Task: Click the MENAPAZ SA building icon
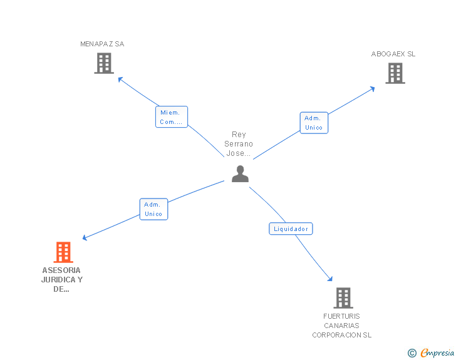[103, 63]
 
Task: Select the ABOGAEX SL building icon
[395, 73]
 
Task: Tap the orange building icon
[63, 252]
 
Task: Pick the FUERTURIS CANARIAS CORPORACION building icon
[343, 298]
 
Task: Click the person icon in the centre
[240, 174]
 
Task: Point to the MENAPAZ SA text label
[102, 44]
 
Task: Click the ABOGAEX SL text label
[393, 54]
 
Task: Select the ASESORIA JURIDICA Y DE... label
[61, 280]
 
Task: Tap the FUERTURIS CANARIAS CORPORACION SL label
[342, 326]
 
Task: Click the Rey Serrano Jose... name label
[239, 144]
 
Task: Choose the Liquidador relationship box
[291, 229]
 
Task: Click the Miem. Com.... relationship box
[171, 117]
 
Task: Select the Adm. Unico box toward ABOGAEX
[313, 123]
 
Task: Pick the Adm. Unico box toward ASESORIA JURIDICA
[153, 209]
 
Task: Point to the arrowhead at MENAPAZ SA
[120, 79]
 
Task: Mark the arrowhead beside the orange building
[85, 238]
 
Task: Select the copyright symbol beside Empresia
[412, 354]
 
